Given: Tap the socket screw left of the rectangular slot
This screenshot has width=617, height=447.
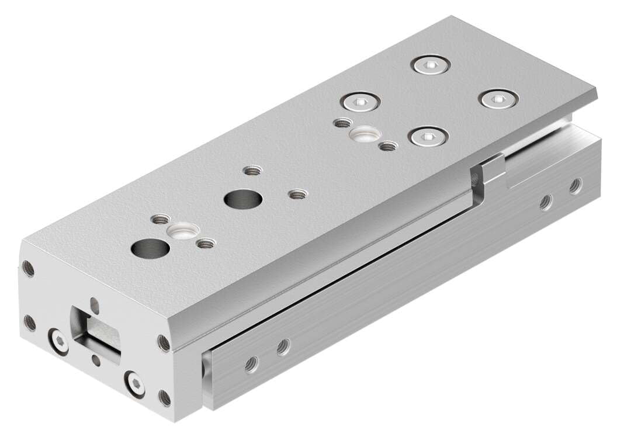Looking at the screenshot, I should tap(58, 341).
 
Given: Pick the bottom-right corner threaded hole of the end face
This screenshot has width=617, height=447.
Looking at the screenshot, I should tap(165, 399).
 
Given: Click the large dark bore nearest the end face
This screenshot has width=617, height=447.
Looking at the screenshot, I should tap(150, 248).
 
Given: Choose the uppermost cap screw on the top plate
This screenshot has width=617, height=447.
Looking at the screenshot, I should tap(431, 66).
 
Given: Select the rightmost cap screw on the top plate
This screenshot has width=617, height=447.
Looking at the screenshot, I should tap(498, 99).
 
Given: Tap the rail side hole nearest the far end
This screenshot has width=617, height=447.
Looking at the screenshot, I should tap(576, 185).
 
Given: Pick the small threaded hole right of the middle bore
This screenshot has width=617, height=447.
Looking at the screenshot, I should tap(297, 194).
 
